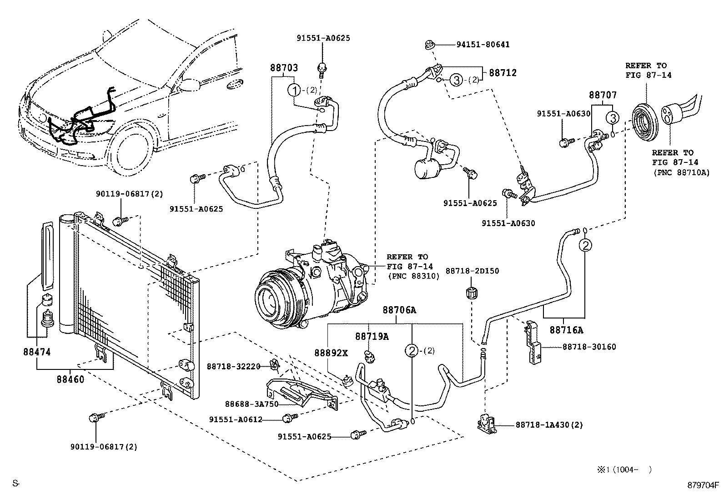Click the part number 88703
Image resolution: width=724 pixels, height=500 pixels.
[x=284, y=68]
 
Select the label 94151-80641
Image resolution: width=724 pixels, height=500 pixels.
[x=483, y=45]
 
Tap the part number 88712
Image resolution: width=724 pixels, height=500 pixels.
[x=503, y=73]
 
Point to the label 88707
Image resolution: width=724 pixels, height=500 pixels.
[x=603, y=95]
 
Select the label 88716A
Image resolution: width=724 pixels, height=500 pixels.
[x=566, y=329]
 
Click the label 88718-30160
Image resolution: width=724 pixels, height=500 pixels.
[x=589, y=347]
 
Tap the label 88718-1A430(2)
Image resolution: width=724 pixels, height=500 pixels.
[x=549, y=425]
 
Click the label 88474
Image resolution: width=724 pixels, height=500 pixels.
[x=36, y=352]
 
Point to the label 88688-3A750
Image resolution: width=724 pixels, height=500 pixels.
[x=251, y=404]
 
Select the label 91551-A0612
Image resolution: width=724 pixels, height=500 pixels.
[x=236, y=419]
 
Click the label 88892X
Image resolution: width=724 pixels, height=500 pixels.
[x=331, y=353]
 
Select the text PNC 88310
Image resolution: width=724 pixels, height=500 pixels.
[x=414, y=276]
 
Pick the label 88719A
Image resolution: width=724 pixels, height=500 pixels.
[x=372, y=336]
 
